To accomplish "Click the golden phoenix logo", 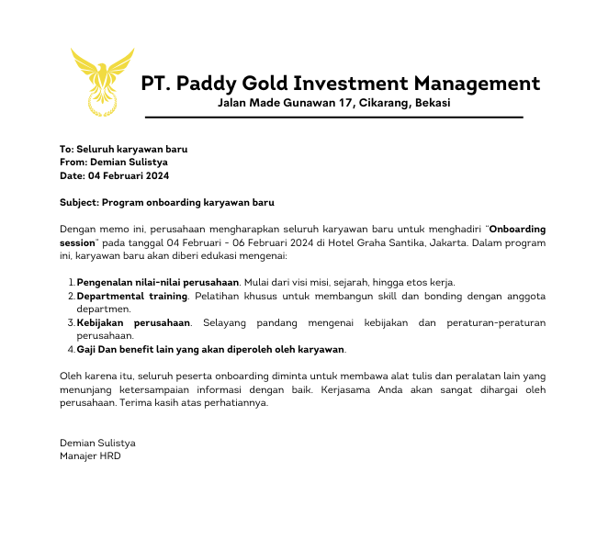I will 102,81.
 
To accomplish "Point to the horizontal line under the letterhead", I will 333,118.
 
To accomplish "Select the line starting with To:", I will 123,149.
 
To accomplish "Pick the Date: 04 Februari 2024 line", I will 114,175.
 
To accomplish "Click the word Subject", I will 78,202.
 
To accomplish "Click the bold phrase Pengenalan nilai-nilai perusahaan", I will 158,282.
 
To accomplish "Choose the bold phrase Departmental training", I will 132,297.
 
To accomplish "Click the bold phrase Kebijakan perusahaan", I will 133,323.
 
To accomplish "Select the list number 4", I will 71,350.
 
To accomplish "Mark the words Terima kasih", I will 148,403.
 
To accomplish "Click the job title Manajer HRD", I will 90,455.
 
